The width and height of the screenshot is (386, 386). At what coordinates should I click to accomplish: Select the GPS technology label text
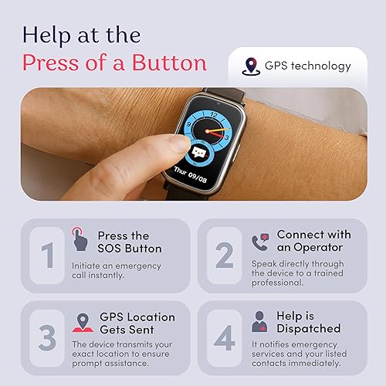pos(307,66)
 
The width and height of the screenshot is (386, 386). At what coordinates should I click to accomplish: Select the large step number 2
pos(224,254)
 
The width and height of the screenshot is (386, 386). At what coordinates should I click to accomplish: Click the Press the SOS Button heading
pos(130,242)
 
